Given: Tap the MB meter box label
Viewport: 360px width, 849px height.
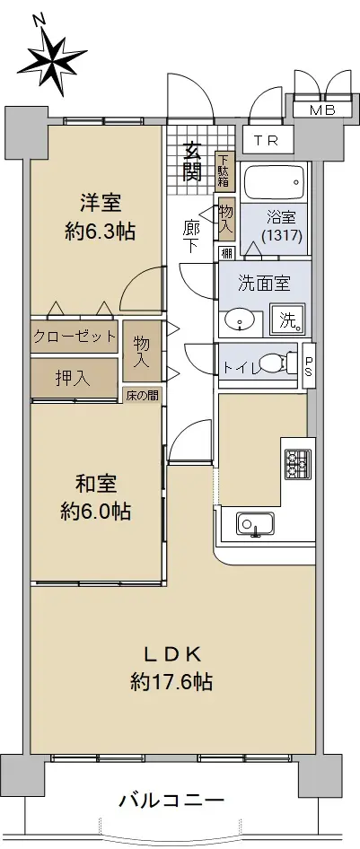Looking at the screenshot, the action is pyautogui.click(x=322, y=110).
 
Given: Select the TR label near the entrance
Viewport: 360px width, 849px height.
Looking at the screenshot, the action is pyautogui.click(x=266, y=141).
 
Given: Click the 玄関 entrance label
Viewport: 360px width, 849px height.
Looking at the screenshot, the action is pyautogui.click(x=191, y=162).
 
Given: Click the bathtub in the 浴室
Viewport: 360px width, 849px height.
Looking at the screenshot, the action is pyautogui.click(x=275, y=181).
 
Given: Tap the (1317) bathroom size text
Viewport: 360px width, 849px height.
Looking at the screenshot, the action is pyautogui.click(x=281, y=236).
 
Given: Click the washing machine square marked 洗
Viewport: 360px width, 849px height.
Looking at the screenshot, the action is pyautogui.click(x=287, y=319).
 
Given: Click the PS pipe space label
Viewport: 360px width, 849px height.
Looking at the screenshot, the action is pyautogui.click(x=309, y=366).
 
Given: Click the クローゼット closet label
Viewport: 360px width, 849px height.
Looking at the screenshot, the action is pyautogui.click(x=75, y=337).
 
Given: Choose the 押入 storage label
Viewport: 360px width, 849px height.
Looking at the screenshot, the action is pyautogui.click(x=73, y=378).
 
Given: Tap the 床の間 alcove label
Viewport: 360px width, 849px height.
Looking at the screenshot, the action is pyautogui.click(x=143, y=395).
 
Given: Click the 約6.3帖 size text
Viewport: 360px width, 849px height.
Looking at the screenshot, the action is pyautogui.click(x=99, y=232).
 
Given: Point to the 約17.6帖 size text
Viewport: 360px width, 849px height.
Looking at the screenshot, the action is pyautogui.click(x=171, y=680).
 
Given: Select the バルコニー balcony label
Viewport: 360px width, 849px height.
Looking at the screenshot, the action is pyautogui.click(x=171, y=799).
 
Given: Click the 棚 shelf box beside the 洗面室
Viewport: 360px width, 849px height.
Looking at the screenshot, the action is pyautogui.click(x=227, y=253).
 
